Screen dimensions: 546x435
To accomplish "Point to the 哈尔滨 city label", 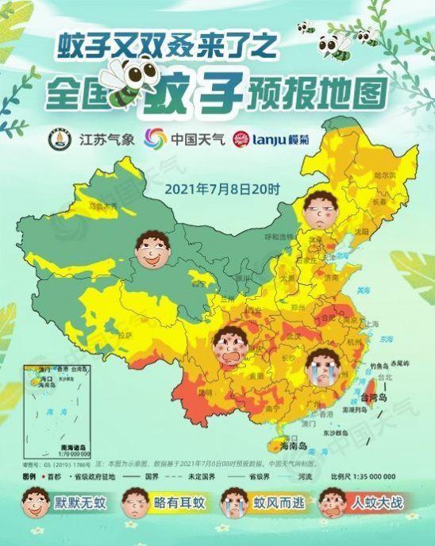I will (384, 175).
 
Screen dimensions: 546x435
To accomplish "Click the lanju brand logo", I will (272, 140).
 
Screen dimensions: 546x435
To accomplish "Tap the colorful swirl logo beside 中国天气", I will (155, 139).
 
